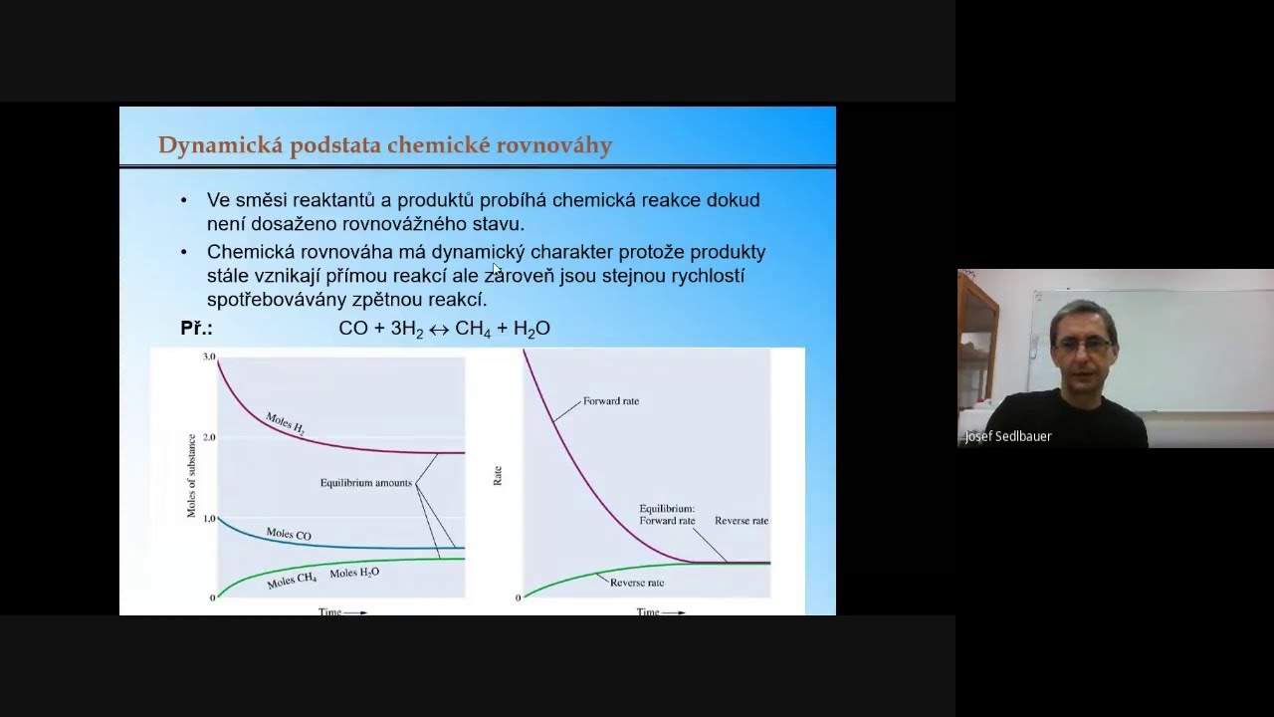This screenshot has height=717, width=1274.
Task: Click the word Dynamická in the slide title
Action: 219,146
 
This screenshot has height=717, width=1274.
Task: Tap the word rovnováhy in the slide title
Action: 559,146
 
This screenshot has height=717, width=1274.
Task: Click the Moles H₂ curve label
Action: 285,423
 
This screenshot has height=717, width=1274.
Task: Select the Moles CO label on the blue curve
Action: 289,535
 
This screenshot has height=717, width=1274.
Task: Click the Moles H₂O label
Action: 354,574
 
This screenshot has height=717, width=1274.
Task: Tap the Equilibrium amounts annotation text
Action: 365,483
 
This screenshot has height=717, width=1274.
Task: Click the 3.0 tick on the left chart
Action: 209,357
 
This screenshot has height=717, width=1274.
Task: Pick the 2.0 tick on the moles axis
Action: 209,437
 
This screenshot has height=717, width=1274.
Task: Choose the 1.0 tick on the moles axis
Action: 209,519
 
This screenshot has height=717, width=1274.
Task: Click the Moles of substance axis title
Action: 191,476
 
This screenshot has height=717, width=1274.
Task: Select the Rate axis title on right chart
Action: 498,476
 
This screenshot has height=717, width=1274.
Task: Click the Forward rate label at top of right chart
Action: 611,401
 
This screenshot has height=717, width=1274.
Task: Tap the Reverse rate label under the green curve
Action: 636,583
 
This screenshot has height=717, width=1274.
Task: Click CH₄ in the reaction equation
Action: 473,329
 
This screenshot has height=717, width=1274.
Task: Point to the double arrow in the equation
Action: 439,330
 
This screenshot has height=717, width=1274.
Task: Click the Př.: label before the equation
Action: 196,329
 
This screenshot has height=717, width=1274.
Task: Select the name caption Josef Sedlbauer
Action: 1008,436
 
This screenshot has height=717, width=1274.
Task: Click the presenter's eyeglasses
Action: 1082,344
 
